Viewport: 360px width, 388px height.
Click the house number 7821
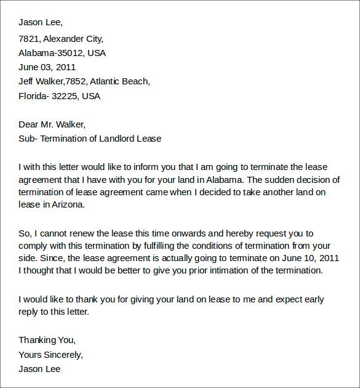(x=28, y=38)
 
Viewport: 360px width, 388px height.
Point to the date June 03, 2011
(x=47, y=67)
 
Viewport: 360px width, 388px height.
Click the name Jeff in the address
(x=27, y=81)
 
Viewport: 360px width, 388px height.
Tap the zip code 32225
(x=65, y=96)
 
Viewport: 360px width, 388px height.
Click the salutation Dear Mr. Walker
(x=52, y=124)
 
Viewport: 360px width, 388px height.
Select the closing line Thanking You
(x=47, y=340)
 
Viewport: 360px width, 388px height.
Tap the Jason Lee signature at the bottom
(x=39, y=370)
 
